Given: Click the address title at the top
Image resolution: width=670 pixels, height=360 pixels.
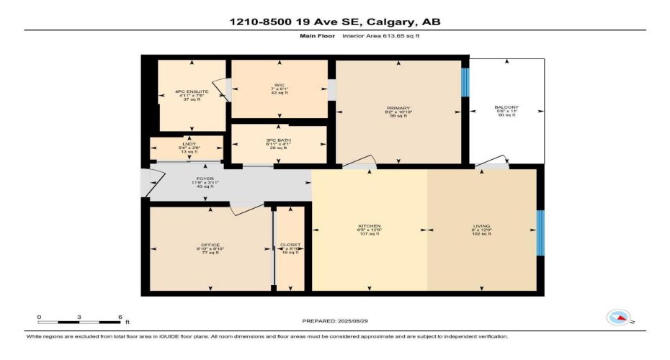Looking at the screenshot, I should [334, 22].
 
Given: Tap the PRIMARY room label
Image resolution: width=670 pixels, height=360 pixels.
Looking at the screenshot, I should [398, 108].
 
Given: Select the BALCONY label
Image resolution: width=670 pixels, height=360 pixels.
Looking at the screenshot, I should [506, 108].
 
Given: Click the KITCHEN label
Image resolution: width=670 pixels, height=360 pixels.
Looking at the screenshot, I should [370, 226].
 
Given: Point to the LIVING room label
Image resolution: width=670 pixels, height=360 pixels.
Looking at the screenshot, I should [481, 226].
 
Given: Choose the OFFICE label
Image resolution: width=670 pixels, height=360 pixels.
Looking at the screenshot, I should [210, 245].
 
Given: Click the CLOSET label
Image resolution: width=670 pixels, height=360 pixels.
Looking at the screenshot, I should [290, 245].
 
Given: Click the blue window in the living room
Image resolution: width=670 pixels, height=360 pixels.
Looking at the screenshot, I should [540, 233].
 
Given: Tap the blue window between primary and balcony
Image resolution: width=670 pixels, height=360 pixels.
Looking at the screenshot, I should [465, 83].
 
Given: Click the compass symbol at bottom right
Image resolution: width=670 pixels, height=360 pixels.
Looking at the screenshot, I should [619, 318].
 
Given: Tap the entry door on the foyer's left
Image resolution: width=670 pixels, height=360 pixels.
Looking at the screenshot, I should [147, 184].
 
